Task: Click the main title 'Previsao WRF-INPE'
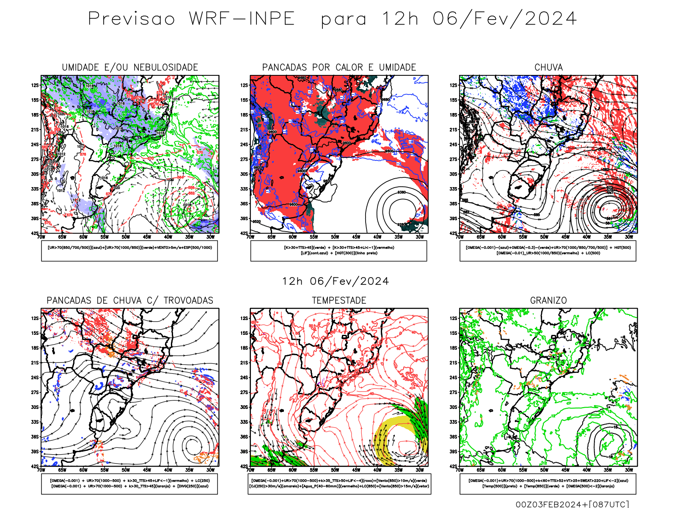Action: click(x=191, y=19)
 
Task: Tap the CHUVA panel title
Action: click(x=548, y=67)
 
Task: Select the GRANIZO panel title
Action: click(x=548, y=301)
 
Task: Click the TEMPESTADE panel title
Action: click(x=339, y=301)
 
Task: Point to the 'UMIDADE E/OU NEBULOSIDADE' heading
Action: click(x=130, y=67)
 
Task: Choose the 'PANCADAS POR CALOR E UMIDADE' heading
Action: click(x=339, y=67)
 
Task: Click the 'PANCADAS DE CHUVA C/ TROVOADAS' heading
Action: click(x=130, y=301)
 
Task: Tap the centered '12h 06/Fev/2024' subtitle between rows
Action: click(x=336, y=281)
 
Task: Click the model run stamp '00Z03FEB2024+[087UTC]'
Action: click(x=572, y=504)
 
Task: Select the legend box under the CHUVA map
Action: click(x=548, y=251)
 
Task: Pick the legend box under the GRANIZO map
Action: click(x=548, y=483)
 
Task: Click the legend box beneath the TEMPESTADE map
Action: click(x=339, y=483)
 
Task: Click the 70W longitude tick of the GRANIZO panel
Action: click(x=460, y=470)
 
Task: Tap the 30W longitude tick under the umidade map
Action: click(x=210, y=237)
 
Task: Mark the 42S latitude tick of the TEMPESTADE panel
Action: click(x=244, y=467)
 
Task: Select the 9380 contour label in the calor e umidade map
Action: click(x=401, y=193)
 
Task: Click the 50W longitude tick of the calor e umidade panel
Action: click(x=335, y=237)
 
